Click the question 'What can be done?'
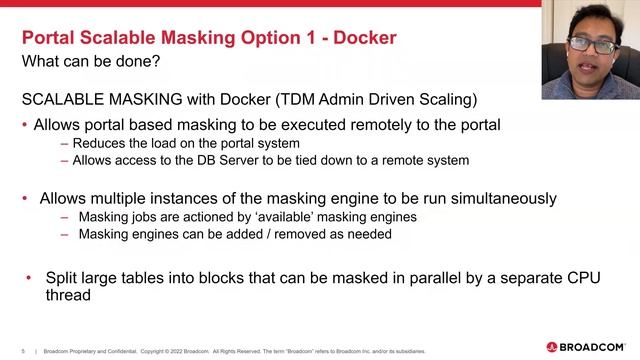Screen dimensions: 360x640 tap(91, 62)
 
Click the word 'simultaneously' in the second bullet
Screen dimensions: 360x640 tap(490, 199)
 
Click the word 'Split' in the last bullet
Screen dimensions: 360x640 tap(63, 277)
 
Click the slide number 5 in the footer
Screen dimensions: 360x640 tap(23, 351)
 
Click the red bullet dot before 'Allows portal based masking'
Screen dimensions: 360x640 tap(25, 126)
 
